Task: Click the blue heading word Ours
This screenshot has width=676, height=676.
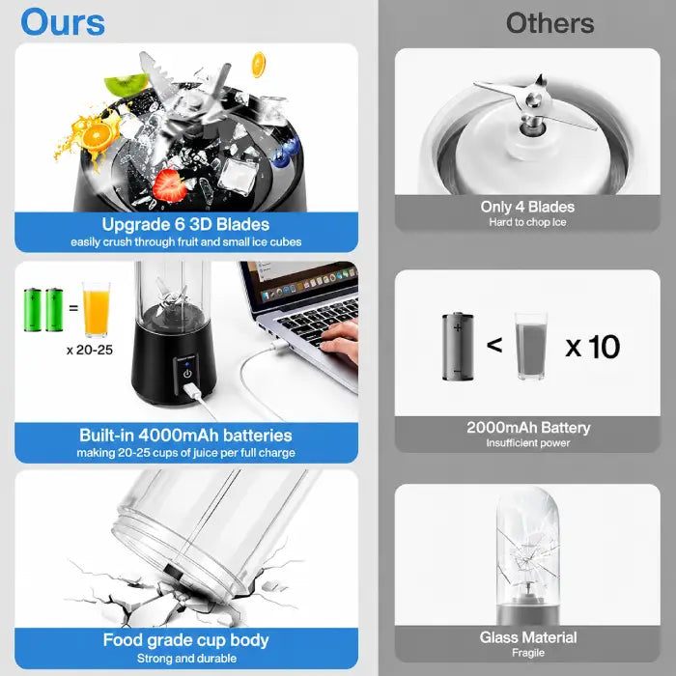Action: pyautogui.click(x=63, y=22)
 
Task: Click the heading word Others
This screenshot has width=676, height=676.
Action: pyautogui.click(x=550, y=23)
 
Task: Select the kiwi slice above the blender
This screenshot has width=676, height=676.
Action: pyautogui.click(x=126, y=84)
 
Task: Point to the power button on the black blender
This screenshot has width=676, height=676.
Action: pyautogui.click(x=187, y=374)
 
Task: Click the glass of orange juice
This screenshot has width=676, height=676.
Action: pyautogui.click(x=97, y=309)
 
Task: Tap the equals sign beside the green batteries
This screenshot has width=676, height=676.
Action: pyautogui.click(x=73, y=308)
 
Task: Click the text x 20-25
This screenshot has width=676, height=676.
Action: pyautogui.click(x=90, y=350)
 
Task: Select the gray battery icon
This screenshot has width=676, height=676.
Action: pyautogui.click(x=458, y=347)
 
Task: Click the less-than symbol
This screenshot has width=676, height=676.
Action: pyautogui.click(x=494, y=345)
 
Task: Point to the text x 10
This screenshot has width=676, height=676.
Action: pyautogui.click(x=592, y=347)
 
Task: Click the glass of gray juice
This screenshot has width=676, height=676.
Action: pyautogui.click(x=531, y=346)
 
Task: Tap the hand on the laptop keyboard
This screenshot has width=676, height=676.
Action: pyautogui.click(x=341, y=341)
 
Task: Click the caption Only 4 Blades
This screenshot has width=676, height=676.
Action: pyautogui.click(x=527, y=207)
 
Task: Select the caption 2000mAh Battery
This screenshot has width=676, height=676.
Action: pyautogui.click(x=528, y=428)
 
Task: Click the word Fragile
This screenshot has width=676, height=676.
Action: pyautogui.click(x=528, y=653)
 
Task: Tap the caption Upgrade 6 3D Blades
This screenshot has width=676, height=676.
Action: pyautogui.click(x=185, y=224)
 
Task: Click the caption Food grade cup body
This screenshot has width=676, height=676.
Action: pyautogui.click(x=185, y=640)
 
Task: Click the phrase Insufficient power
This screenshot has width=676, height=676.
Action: pyautogui.click(x=528, y=443)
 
